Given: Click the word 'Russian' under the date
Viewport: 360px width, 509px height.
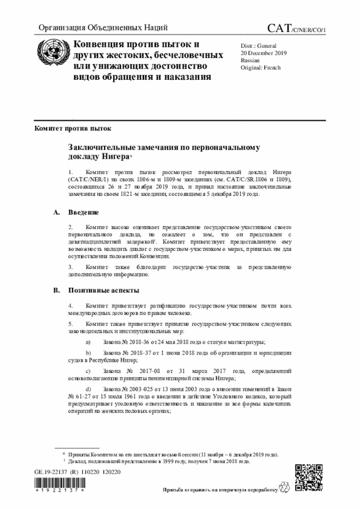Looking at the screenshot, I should tap(250, 59).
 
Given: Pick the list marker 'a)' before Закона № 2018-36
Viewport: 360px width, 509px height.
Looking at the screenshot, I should tap(88, 342).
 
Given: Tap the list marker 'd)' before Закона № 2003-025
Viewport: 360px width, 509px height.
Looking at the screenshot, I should tap(88, 389).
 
